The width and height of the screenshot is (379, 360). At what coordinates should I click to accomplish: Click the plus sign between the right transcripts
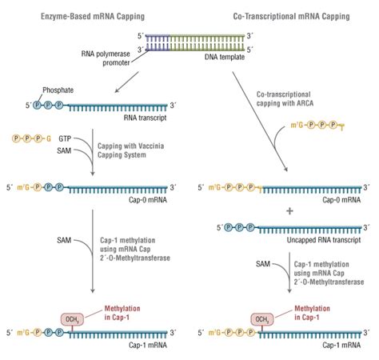tap(278, 211)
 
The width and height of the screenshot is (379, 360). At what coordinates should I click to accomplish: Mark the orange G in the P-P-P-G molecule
tap(49, 138)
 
